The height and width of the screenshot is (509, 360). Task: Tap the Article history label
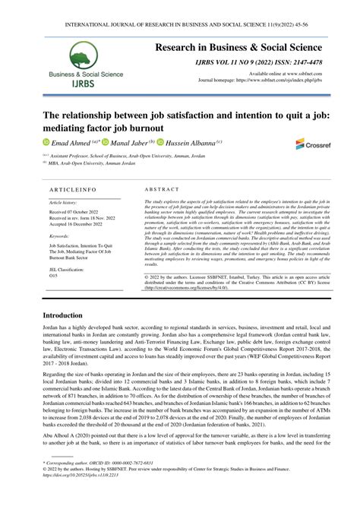coord(65,203)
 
